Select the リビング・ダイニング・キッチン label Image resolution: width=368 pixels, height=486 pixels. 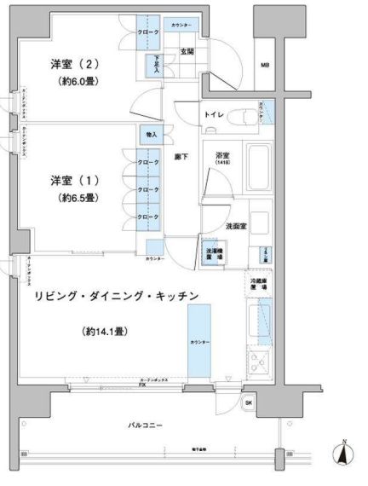point(117,296)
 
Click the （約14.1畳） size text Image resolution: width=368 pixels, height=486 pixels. point(105,330)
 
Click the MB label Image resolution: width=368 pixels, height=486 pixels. point(265,65)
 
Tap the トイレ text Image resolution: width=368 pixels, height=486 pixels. point(215,113)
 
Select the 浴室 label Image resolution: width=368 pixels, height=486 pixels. point(222,155)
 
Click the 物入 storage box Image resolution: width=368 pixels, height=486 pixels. point(151,135)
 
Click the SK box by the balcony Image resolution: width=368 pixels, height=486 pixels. point(249,402)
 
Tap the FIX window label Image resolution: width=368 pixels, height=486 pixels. point(142,385)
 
